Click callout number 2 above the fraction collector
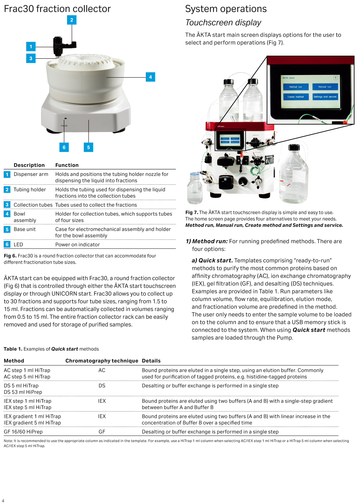tap(72, 20)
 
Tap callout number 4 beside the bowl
tap(150, 77)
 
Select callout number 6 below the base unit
tap(64, 147)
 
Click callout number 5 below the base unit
tap(88, 147)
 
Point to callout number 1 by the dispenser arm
tap(31, 46)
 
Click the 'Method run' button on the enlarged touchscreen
tap(295, 87)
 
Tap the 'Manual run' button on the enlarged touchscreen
tap(324, 87)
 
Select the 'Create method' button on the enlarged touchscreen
tap(295, 97)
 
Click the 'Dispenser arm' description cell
tap(31, 174)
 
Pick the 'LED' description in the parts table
tap(18, 245)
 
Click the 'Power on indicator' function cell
tap(77, 245)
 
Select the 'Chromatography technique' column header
tap(102, 361)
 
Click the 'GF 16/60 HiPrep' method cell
tap(23, 432)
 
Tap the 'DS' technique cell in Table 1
tap(102, 386)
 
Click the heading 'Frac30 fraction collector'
tap(57, 9)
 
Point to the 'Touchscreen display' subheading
tap(223, 23)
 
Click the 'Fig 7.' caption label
tap(191, 213)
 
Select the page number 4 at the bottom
tap(3, 501)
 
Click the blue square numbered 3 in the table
tap(7, 205)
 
